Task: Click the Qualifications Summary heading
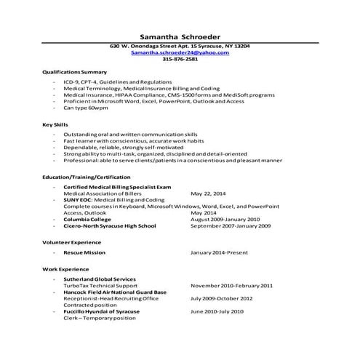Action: tap(74, 72)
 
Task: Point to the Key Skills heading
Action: tap(55, 125)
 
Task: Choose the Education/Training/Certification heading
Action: tap(87, 177)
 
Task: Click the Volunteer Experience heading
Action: tap(71, 241)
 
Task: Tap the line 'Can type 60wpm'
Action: tap(86, 107)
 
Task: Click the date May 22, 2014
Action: tap(208, 194)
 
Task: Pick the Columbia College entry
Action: tap(87, 219)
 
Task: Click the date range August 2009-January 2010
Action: tap(225, 219)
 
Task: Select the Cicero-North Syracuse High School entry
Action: tap(110, 225)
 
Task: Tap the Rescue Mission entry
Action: tap(84, 252)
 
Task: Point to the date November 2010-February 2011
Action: tap(231, 285)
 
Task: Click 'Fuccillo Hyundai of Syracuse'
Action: tap(105, 311)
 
